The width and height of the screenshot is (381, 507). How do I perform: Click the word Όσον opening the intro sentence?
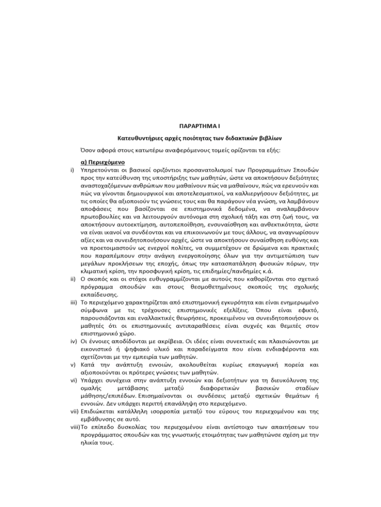[88, 150]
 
